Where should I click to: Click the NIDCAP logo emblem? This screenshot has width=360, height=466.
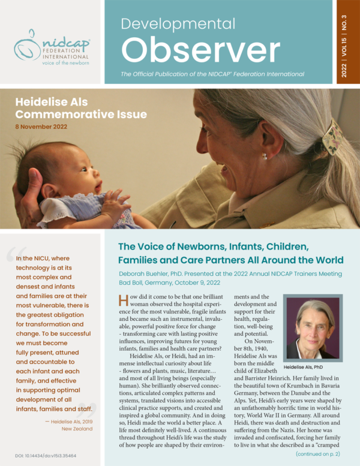(27, 44)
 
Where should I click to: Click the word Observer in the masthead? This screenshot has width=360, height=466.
(201, 50)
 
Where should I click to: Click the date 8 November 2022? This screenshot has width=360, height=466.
(41, 127)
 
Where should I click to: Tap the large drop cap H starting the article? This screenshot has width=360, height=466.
(124, 301)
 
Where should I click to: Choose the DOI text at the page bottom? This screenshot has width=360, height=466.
(46, 456)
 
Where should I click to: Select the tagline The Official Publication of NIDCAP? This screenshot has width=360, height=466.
(212, 74)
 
